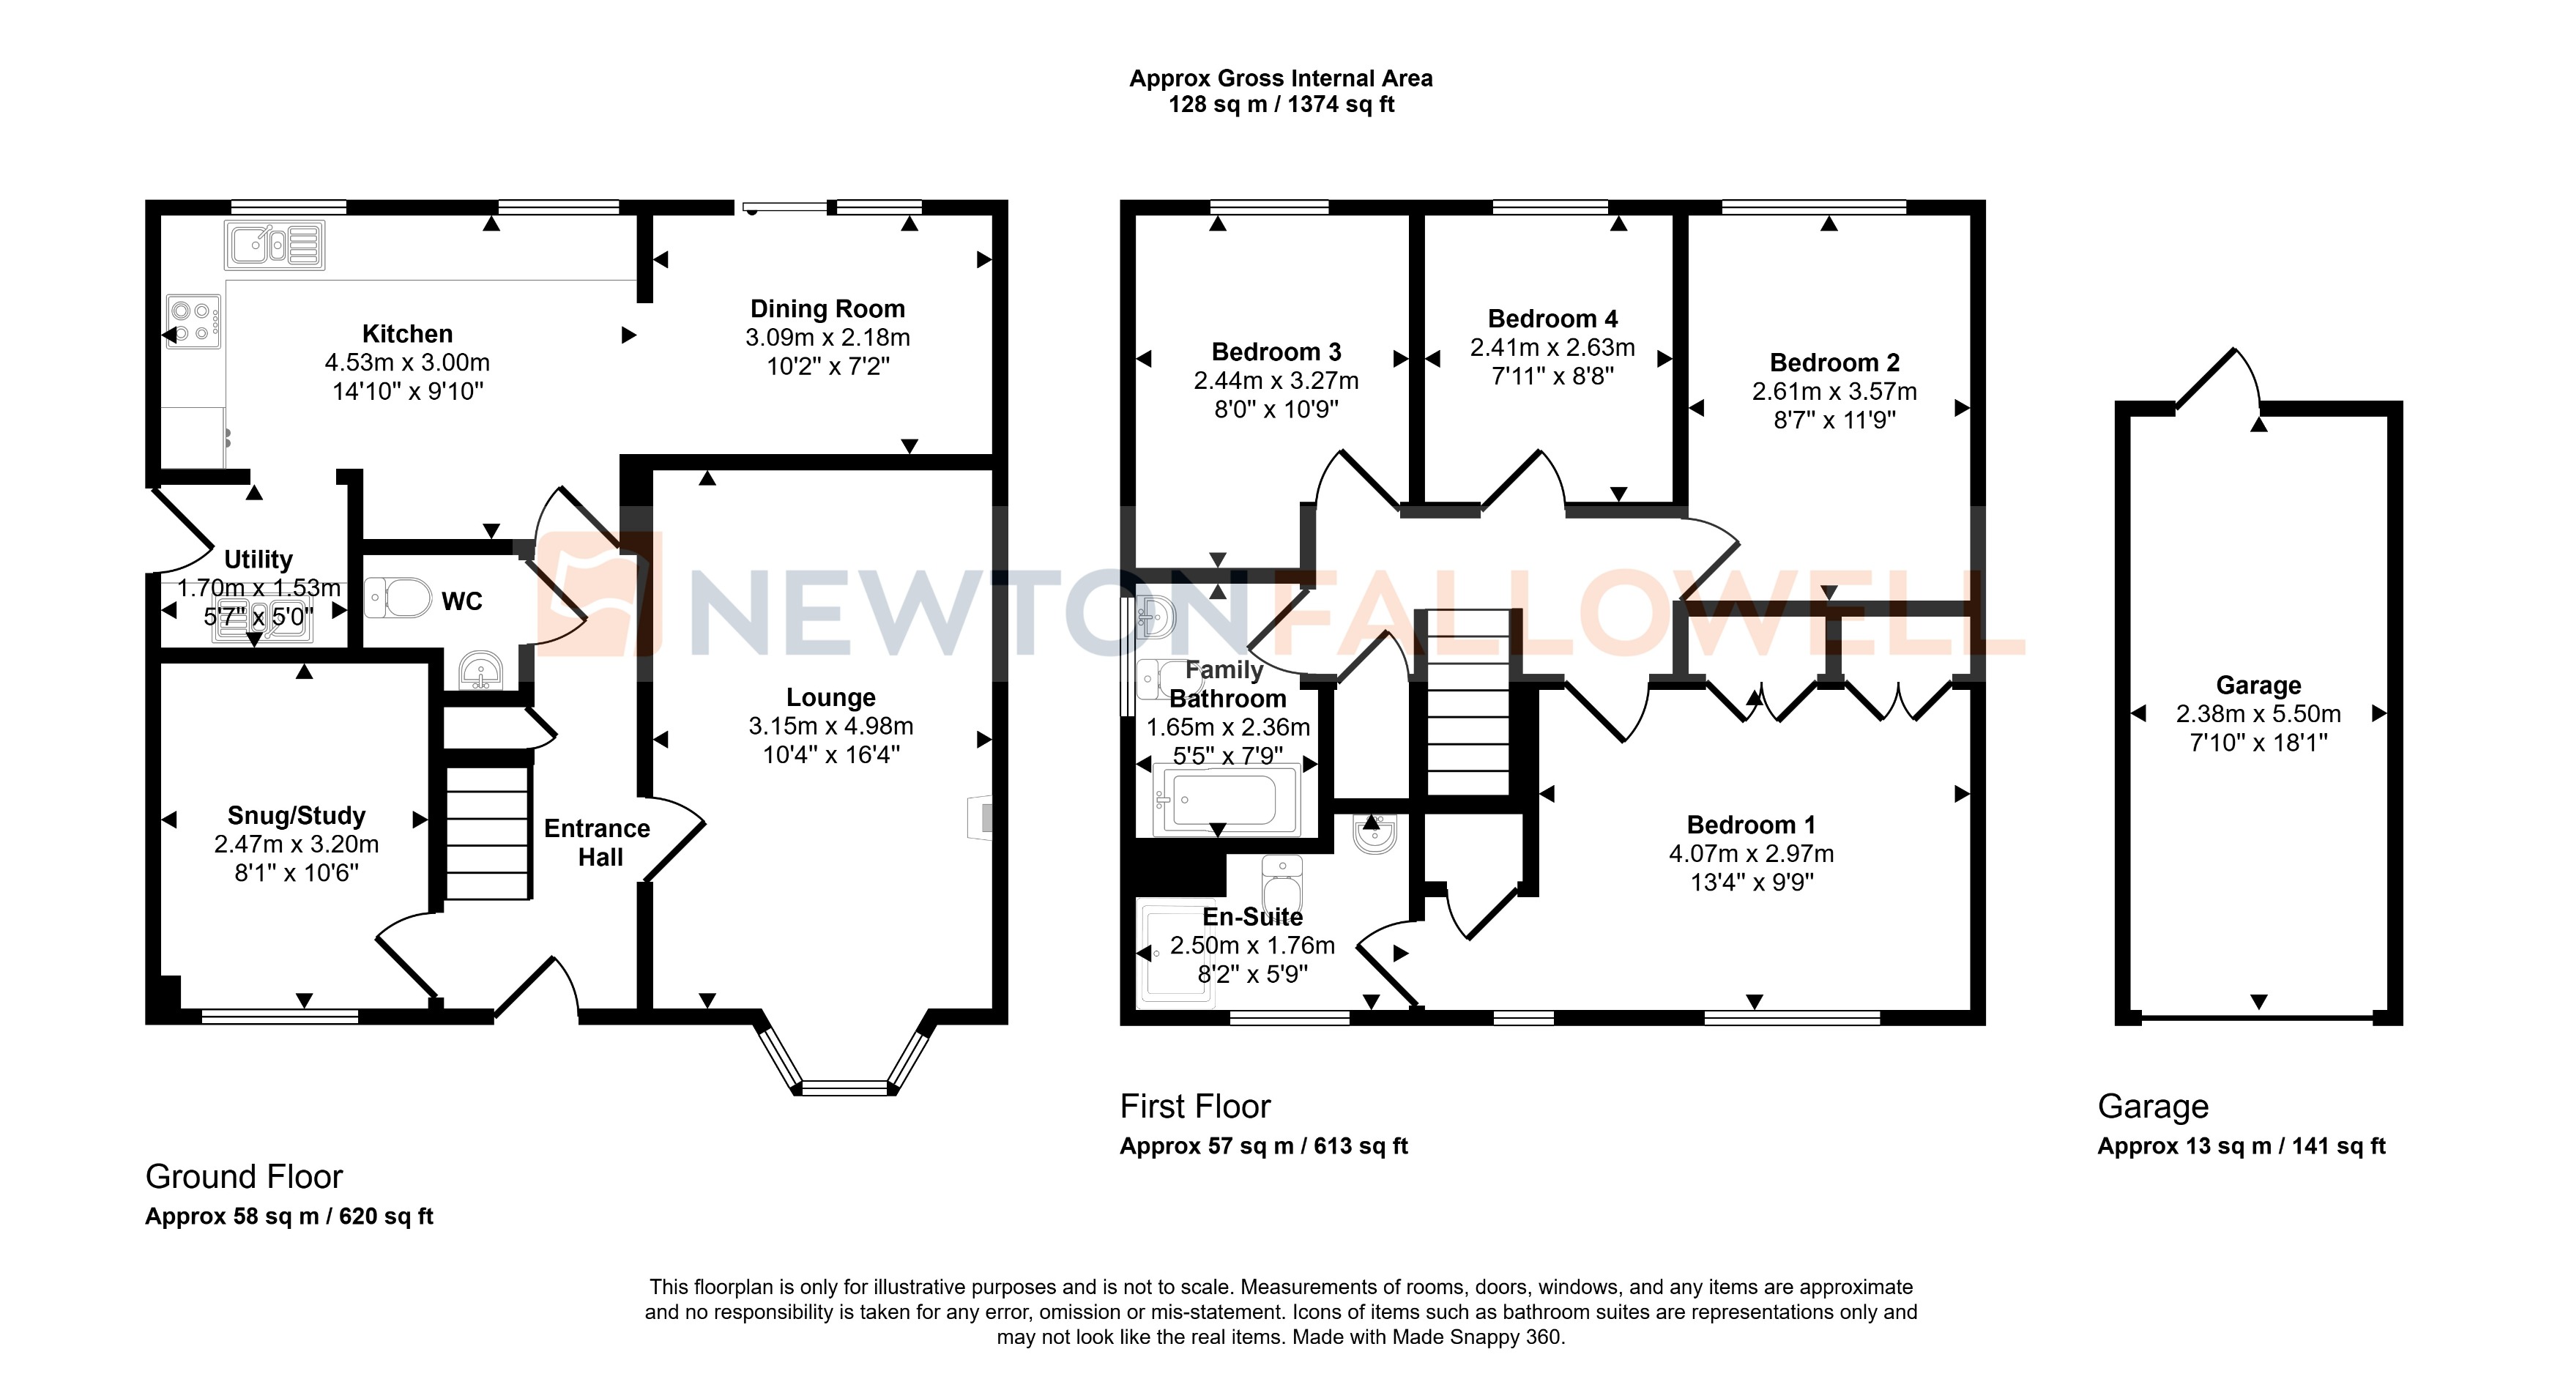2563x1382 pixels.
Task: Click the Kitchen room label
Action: click(x=407, y=333)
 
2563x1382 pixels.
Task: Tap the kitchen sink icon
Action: click(x=275, y=245)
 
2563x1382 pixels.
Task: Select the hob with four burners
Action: click(x=193, y=322)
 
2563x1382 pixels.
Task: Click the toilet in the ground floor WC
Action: click(x=399, y=598)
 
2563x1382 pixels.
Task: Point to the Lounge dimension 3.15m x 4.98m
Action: click(x=831, y=727)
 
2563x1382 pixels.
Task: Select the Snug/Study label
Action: click(x=297, y=816)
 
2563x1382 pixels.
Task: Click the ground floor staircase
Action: click(x=486, y=833)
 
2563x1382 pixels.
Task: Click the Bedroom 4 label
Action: click(x=1552, y=319)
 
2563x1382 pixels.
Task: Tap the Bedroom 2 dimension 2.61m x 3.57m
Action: click(x=1834, y=391)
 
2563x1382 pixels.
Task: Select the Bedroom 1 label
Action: click(x=1750, y=825)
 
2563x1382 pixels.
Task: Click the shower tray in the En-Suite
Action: click(x=1174, y=953)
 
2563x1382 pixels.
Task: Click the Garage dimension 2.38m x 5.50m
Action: click(x=2258, y=713)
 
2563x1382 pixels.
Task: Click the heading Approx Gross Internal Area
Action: click(x=1281, y=78)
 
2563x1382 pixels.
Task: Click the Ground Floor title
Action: click(x=244, y=1177)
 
